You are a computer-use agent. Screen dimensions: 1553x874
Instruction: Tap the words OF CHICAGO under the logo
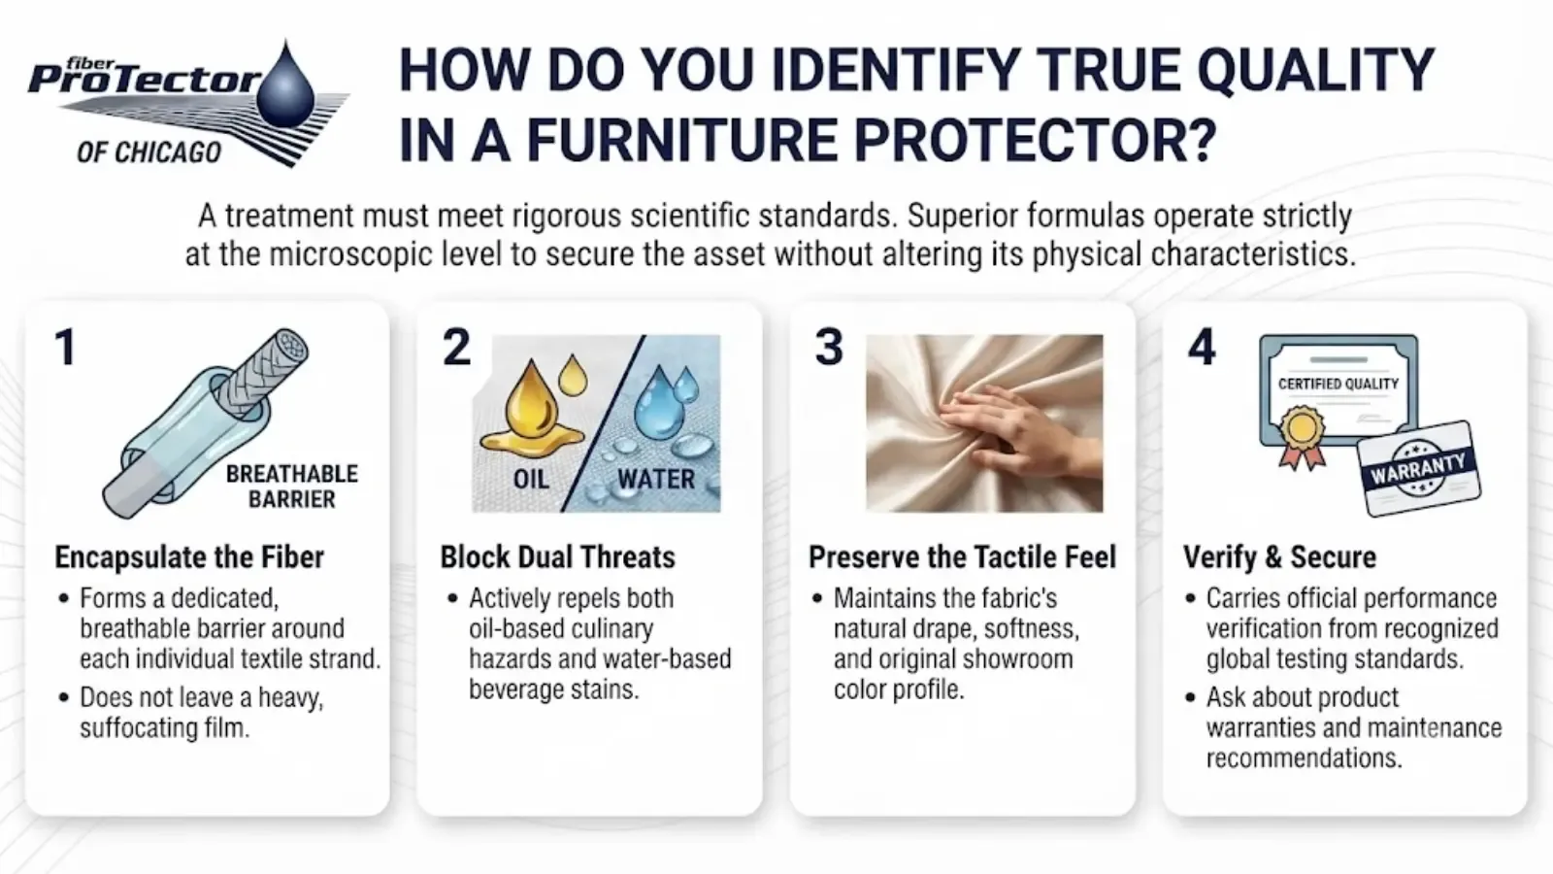pyautogui.click(x=149, y=151)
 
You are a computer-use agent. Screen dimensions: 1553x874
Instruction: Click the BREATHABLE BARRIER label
pyautogui.click(x=292, y=487)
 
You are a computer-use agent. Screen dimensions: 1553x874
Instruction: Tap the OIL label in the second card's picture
pyautogui.click(x=531, y=479)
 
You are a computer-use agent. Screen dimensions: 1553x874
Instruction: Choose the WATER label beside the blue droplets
pyautogui.click(x=656, y=479)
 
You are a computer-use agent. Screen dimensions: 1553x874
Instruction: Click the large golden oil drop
pyautogui.click(x=533, y=406)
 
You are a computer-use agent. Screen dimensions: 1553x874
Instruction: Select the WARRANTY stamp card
pyautogui.click(x=1418, y=469)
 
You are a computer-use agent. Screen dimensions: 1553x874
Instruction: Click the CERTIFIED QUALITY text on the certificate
pyautogui.click(x=1338, y=384)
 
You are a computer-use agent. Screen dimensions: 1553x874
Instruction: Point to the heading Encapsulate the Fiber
pyautogui.click(x=189, y=557)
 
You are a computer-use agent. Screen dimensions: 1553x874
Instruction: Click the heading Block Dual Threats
pyautogui.click(x=557, y=557)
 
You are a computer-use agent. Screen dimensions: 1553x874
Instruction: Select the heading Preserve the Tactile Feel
pyautogui.click(x=962, y=557)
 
